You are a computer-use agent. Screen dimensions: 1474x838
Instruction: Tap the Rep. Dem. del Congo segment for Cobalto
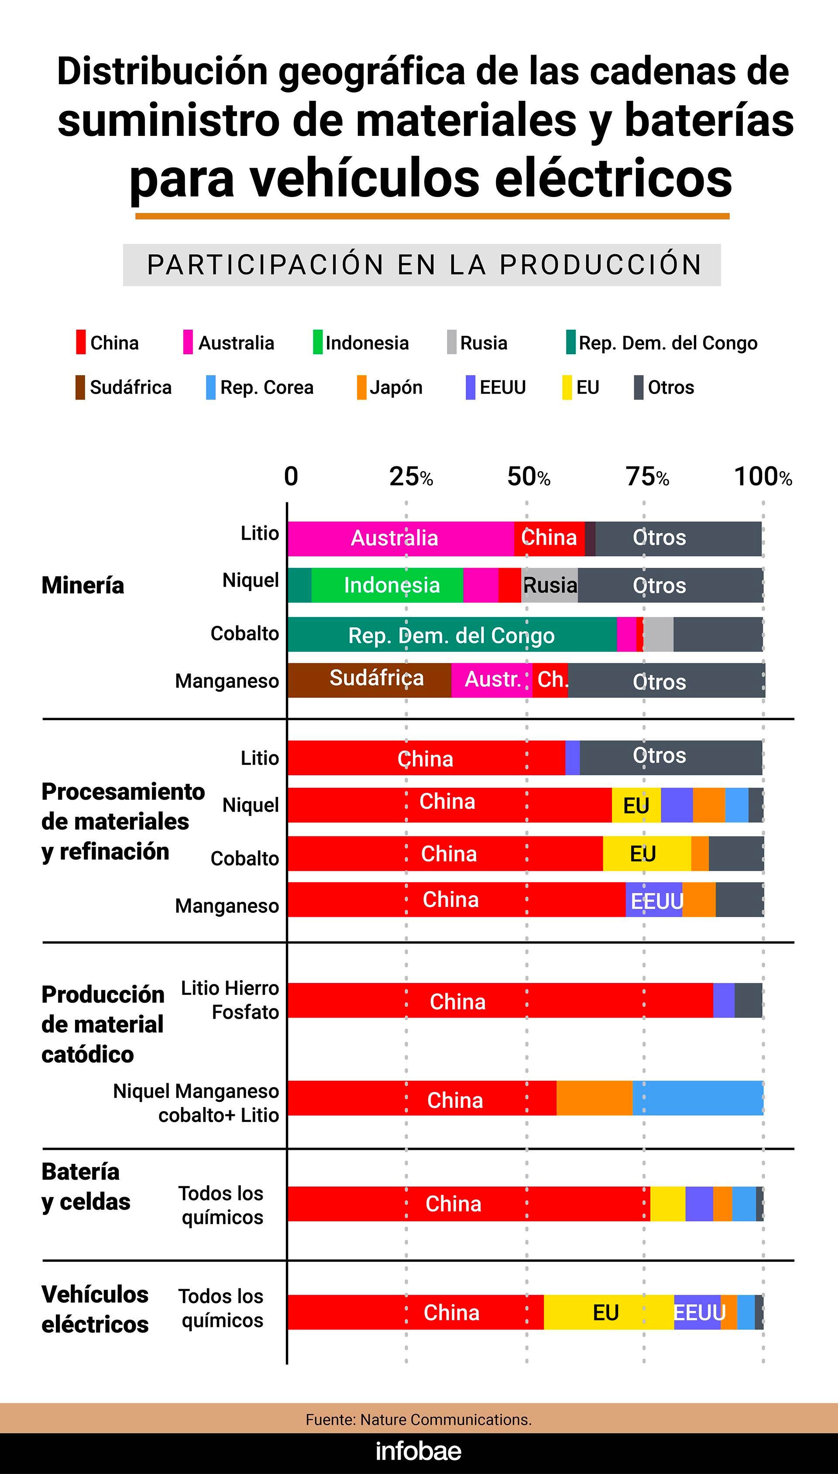452,635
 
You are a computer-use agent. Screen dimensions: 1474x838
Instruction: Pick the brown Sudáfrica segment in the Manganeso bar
369,680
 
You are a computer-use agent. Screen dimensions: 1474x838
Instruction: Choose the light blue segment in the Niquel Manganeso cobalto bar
697,1098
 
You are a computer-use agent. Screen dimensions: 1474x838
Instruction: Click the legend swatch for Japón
361,387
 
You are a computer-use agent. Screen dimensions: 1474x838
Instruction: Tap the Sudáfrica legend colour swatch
80,387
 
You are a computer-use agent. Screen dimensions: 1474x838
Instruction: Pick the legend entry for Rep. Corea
260,387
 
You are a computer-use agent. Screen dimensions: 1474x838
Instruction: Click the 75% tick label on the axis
647,477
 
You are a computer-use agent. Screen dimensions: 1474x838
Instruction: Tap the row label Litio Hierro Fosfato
230,1000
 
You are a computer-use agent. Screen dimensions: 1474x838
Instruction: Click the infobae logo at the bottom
419,1452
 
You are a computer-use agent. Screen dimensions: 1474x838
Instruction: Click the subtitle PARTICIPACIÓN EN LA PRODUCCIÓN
424,265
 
